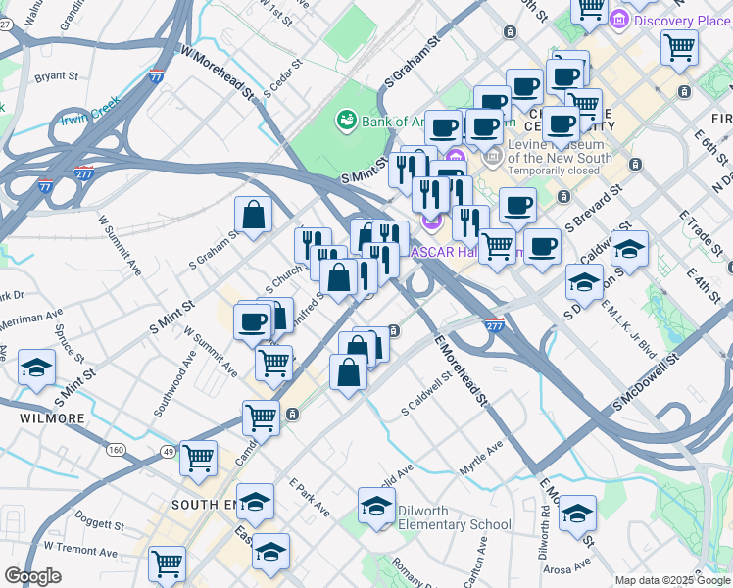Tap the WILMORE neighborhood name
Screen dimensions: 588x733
(52, 418)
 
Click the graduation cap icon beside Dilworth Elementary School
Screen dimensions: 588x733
(376, 507)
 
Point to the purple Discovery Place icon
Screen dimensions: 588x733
(619, 20)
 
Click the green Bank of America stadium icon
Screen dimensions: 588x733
(346, 121)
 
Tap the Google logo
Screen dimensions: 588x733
(32, 576)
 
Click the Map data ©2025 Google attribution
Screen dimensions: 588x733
(672, 580)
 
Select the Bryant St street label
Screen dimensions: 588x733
(56, 75)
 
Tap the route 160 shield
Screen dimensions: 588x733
(117, 450)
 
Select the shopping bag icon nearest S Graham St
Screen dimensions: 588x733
(254, 217)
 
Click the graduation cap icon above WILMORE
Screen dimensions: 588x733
(37, 368)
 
